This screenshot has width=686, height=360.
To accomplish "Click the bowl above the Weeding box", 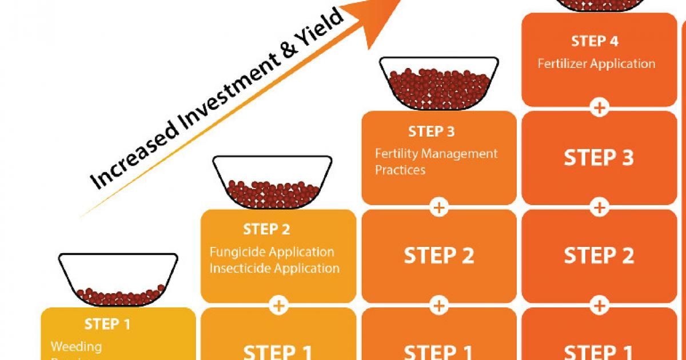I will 119,280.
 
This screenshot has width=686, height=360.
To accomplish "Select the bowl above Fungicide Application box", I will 272,183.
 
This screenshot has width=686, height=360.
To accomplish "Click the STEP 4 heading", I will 595,41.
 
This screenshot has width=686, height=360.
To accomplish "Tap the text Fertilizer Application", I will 596,63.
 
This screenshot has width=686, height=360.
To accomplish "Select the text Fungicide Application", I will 272,252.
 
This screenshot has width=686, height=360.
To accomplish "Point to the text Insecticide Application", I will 274,268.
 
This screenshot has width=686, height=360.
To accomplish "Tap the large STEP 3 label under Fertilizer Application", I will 599,158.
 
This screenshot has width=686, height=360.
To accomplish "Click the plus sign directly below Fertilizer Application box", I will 599,107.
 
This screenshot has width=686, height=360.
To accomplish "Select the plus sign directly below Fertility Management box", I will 439,207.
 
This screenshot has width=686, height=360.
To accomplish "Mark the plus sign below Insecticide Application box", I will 279,305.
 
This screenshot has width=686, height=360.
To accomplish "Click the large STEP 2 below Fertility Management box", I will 439,256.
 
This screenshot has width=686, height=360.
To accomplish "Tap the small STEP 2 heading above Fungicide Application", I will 266,230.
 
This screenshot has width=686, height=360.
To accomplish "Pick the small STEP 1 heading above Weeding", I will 107,325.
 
